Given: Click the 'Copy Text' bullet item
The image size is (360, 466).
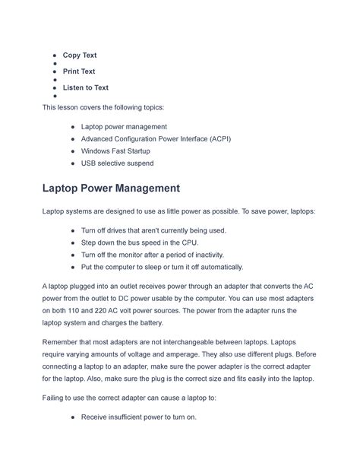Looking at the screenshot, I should point(79,55).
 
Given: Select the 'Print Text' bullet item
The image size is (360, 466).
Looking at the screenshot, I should point(79,71).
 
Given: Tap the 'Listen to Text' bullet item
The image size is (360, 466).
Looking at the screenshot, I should point(85,87).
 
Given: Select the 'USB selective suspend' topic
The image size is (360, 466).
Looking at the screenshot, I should point(117,163).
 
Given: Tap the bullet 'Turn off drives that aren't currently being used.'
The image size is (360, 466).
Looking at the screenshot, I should point(153,230).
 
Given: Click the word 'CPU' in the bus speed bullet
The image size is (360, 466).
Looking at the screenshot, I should point(187,243).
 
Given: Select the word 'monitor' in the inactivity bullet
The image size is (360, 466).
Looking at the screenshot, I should point(133,255).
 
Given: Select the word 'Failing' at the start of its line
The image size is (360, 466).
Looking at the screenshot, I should point(55,395).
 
